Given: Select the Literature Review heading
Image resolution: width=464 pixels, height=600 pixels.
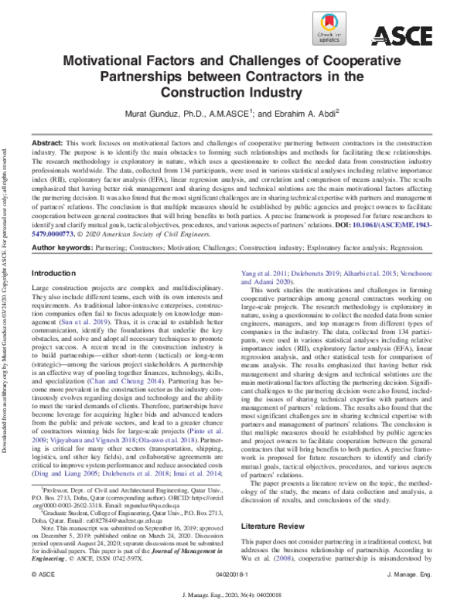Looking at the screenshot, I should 274,504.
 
